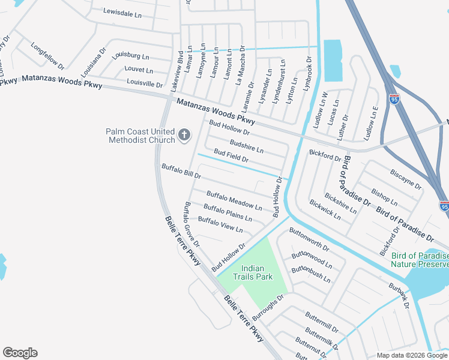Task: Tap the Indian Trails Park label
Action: pos(257,272)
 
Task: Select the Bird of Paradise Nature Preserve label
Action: pos(420,260)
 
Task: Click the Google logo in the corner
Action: pos(20,353)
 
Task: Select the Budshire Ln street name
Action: pos(246,146)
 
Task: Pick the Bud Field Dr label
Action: pos(231,157)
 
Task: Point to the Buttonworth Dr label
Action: pos(309,239)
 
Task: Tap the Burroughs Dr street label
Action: pos(268,306)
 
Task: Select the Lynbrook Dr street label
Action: pos(308,73)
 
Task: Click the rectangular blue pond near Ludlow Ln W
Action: pos(333,61)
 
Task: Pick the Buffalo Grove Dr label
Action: pos(191,225)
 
